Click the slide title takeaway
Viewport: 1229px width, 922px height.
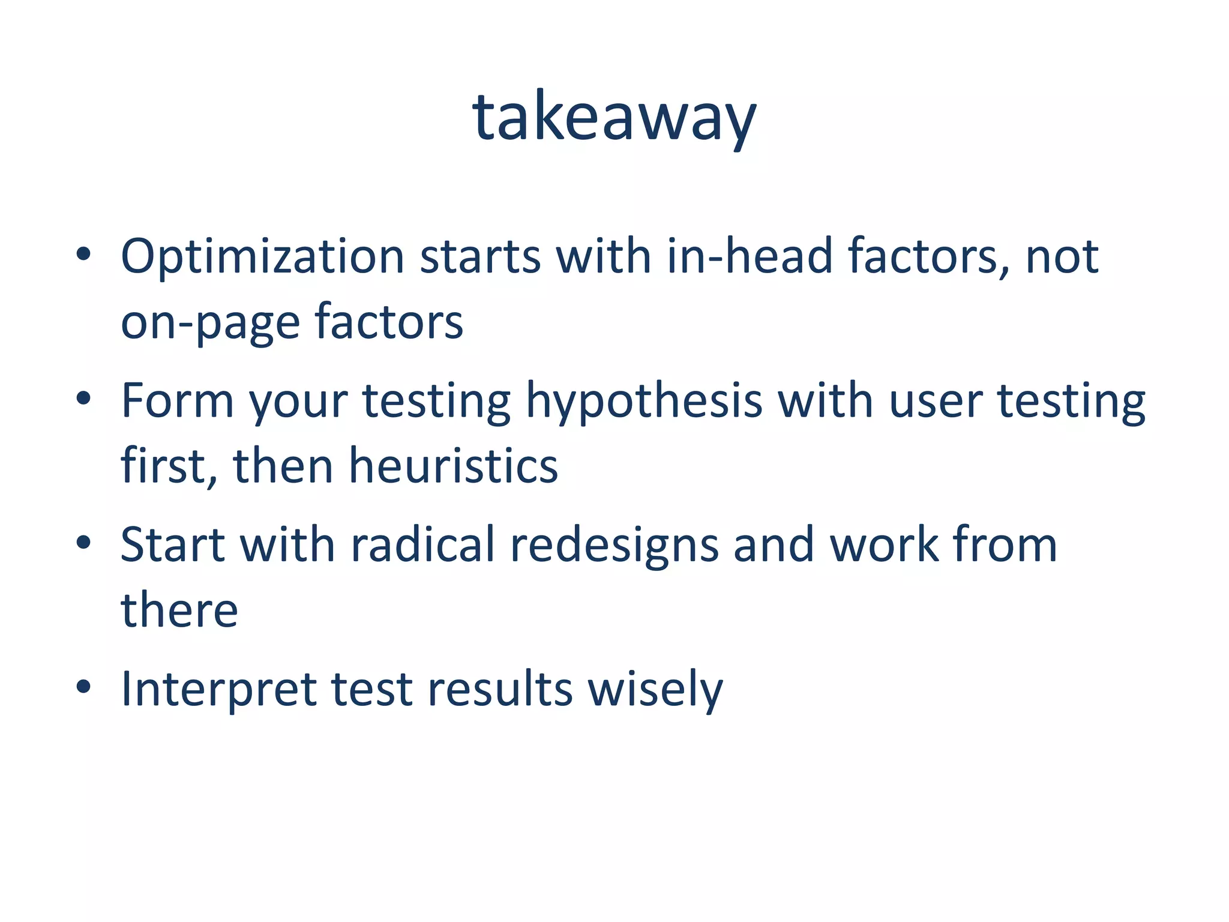(x=614, y=117)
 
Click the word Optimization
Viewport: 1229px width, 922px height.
(x=263, y=257)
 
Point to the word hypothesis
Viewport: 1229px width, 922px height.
(x=644, y=401)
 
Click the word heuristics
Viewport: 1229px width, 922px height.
(x=454, y=466)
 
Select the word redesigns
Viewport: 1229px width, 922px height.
(x=614, y=544)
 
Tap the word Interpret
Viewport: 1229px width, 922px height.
(x=218, y=688)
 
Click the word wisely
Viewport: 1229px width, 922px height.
(x=655, y=688)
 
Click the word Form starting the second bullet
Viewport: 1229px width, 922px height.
(x=177, y=401)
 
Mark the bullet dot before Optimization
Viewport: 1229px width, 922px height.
(x=83, y=254)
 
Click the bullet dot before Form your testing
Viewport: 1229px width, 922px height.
(x=83, y=398)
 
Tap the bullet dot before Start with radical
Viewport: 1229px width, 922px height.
(x=83, y=542)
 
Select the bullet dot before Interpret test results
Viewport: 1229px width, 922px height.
(x=83, y=686)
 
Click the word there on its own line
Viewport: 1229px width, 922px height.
(x=179, y=610)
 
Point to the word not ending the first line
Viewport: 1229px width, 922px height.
(x=1062, y=257)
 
